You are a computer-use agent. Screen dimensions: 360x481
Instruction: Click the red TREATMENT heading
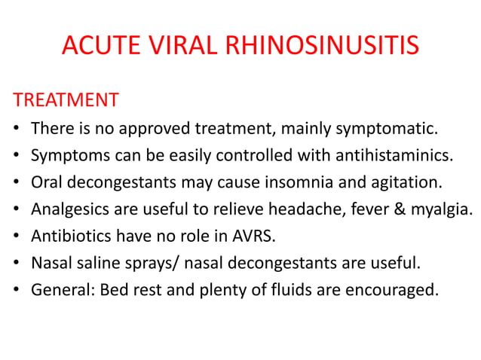click(66, 100)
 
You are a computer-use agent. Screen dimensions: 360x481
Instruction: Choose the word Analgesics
click(68, 209)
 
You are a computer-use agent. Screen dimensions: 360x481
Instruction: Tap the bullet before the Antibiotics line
click(17, 236)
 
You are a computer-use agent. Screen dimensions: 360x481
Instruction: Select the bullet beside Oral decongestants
click(17, 182)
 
